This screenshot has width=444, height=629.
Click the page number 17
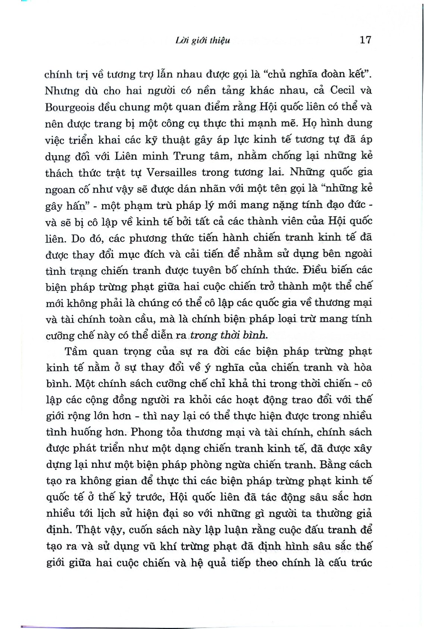[x=365, y=40]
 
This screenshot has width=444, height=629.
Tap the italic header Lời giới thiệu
[x=203, y=40]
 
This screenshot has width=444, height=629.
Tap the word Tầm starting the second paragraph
[x=76, y=351]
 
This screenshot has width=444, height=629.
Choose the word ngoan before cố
[x=60, y=189]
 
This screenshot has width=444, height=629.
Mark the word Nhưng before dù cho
[x=62, y=91]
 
